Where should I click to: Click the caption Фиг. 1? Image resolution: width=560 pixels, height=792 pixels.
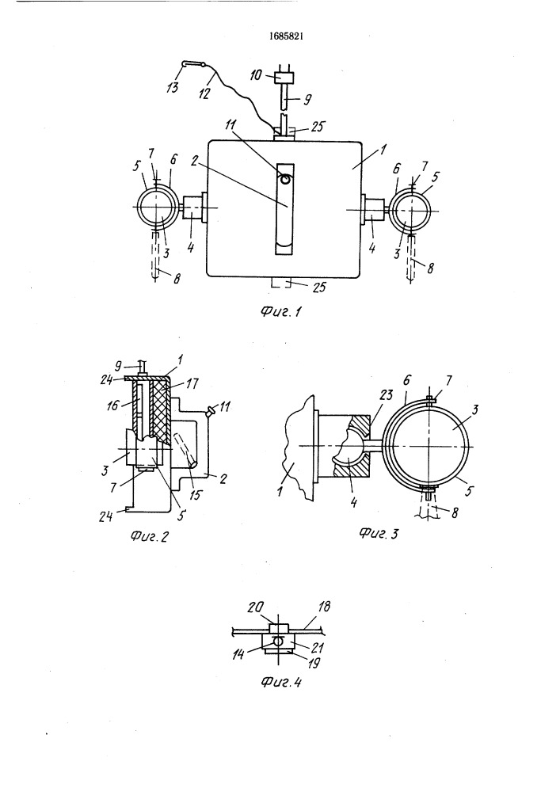(280, 311)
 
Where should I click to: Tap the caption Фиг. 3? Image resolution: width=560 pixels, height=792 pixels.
(378, 532)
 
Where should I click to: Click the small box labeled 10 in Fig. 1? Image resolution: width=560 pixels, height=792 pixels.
(284, 78)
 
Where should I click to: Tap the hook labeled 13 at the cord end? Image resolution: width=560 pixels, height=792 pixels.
(193, 63)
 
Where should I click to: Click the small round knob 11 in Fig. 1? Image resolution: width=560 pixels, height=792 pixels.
(286, 178)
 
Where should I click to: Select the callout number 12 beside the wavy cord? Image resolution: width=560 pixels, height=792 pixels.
(204, 93)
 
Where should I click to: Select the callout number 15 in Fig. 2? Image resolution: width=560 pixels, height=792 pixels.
(195, 494)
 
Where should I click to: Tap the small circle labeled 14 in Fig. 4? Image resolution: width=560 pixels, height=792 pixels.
(277, 641)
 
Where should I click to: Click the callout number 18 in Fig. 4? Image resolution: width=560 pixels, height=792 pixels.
(324, 607)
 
